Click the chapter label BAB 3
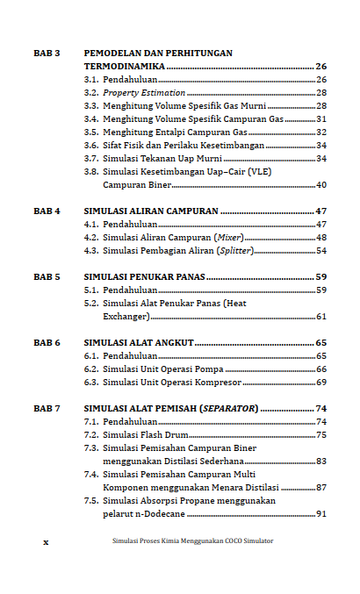click(x=47, y=54)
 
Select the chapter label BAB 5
click(x=47, y=276)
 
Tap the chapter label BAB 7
click(x=47, y=409)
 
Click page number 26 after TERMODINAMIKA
click(x=320, y=67)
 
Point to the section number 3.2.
click(x=90, y=92)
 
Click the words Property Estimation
click(x=144, y=92)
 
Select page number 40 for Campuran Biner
click(x=320, y=185)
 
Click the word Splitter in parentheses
click(x=236, y=251)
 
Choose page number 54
click(x=320, y=251)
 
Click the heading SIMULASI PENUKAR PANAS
click(x=145, y=276)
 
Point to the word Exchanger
click(x=126, y=317)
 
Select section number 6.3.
click(x=90, y=383)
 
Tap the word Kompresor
click(x=216, y=383)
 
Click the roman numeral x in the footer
click(x=46, y=541)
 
